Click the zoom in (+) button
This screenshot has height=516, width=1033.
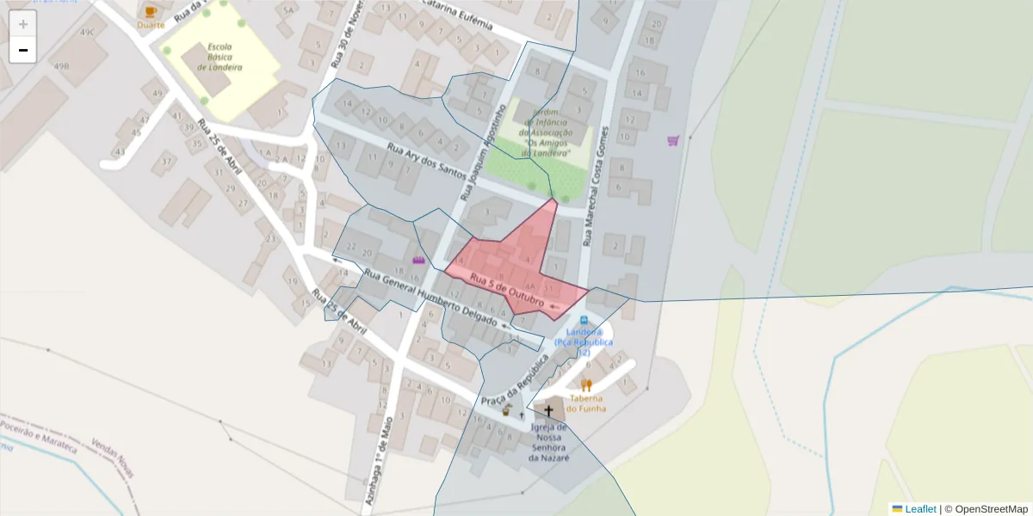coord(23,24)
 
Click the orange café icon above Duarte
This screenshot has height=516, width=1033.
coord(152,12)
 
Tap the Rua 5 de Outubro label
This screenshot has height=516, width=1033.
coord(506,290)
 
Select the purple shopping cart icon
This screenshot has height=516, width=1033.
coord(673,140)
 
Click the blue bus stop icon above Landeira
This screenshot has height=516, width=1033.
coord(584,320)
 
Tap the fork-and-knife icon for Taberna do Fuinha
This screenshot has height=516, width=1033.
coord(586,385)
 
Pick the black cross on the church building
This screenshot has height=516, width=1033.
coord(548,411)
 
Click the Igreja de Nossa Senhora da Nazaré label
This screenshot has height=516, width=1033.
coord(548,442)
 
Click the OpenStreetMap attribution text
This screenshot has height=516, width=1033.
coord(991,509)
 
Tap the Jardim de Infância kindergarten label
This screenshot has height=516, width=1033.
coord(547,132)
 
